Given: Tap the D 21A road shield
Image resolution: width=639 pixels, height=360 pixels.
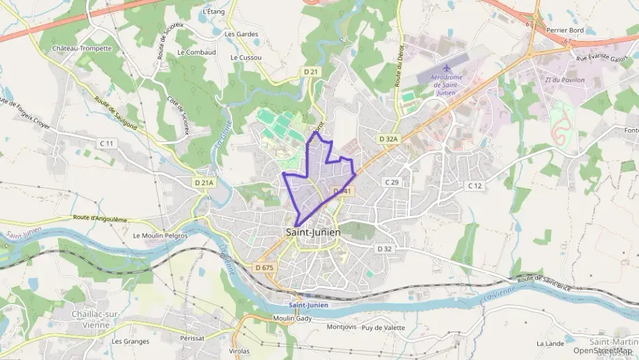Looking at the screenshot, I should coord(203,182).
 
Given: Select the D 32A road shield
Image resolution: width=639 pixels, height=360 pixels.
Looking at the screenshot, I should coord(388,139).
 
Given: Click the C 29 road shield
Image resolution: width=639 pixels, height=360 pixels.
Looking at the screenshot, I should coord(391,182).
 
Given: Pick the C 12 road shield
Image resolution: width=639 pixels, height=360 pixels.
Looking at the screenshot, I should coord(474,185).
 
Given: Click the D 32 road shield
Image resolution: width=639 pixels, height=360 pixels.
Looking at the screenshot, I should coord(385,249).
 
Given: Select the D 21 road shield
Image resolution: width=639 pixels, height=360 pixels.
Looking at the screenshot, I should coord(311,72).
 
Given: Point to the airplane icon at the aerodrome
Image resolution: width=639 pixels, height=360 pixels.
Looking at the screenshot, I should coord(447,68).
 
